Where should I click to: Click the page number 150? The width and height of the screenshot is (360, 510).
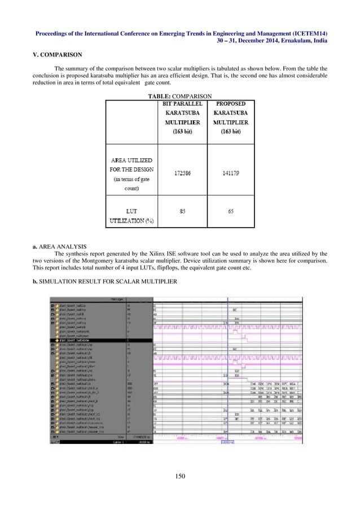pos(180,477)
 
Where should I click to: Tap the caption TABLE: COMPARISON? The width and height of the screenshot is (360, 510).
pos(180,97)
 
